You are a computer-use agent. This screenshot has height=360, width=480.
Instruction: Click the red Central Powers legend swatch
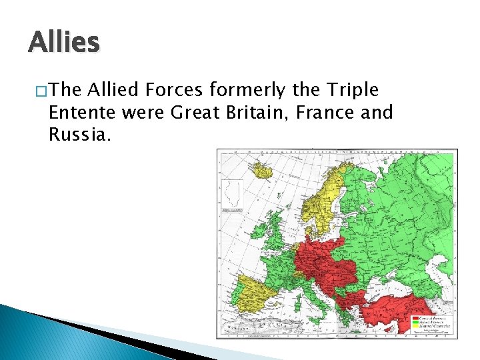(x=415, y=319)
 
